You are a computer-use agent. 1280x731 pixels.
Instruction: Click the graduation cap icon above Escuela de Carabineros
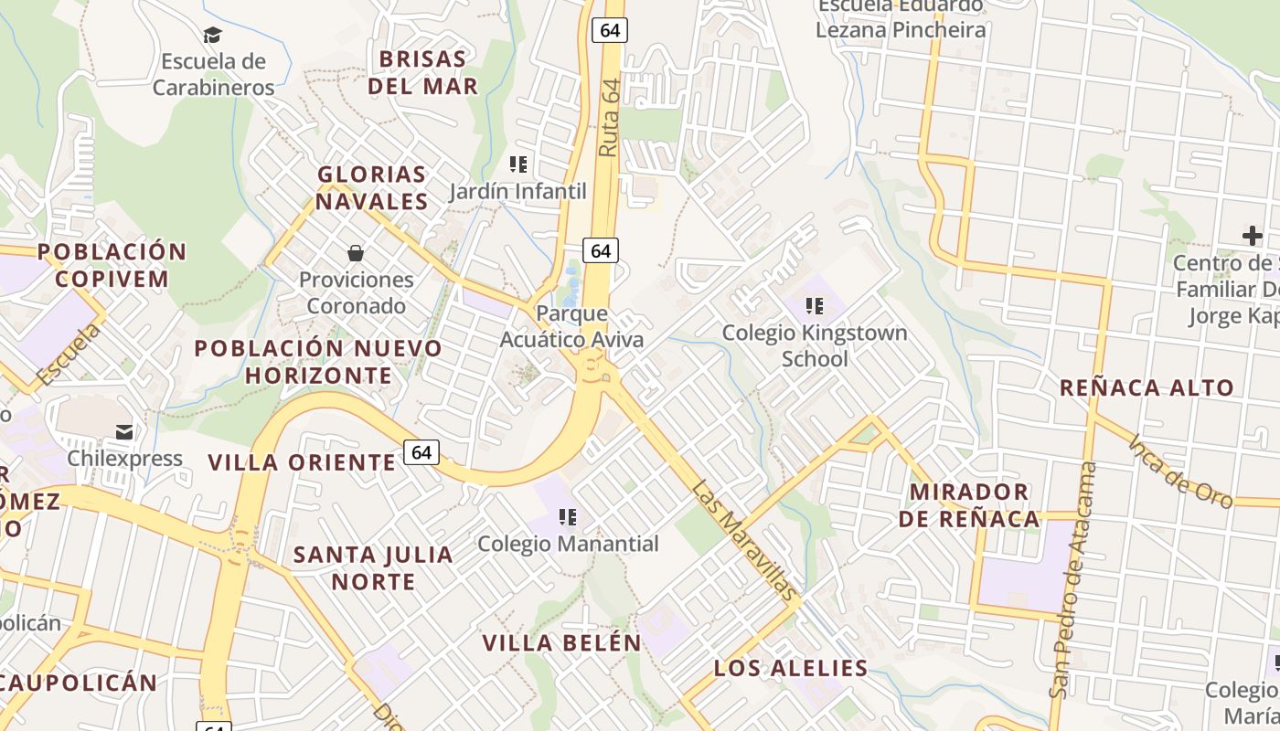coord(212,36)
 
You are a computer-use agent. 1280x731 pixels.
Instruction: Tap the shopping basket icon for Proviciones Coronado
coord(356,253)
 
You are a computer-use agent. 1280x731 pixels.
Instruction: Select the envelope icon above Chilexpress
coord(124,432)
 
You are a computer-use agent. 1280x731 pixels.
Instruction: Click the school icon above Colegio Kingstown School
coord(814,306)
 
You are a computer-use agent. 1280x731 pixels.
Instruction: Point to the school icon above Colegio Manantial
coord(568,518)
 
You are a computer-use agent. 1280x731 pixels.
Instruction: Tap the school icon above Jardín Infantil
coord(518,165)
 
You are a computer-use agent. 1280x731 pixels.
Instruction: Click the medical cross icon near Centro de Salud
coord(1252,237)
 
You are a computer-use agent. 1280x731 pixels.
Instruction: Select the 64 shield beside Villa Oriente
coord(421,452)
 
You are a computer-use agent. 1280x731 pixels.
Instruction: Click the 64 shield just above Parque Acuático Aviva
coord(601,250)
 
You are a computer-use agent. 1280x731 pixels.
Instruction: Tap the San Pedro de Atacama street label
coord(1073,579)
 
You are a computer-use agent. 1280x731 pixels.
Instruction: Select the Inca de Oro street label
coord(1180,471)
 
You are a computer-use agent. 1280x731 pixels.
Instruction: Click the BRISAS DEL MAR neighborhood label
coord(422,72)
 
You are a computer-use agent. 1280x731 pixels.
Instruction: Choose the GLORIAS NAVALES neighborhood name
coord(372,187)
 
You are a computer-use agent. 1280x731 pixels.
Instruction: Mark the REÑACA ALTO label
coord(1147,387)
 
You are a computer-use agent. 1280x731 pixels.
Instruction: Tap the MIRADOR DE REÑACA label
coord(969,505)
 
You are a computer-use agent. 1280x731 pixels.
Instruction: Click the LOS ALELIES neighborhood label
coord(791,668)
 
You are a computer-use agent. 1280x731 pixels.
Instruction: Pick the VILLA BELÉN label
coord(562,642)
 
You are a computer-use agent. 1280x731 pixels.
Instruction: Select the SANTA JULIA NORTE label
coord(373,567)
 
